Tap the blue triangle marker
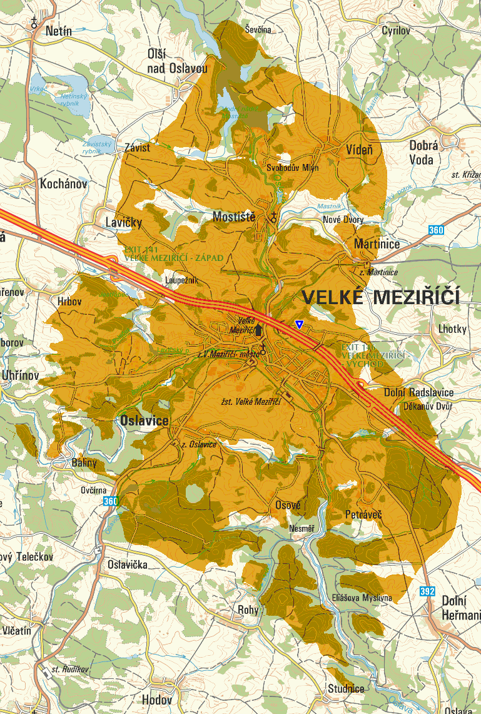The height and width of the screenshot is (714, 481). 300,324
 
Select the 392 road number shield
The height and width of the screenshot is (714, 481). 428,590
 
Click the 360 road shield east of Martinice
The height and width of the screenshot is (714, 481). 436,231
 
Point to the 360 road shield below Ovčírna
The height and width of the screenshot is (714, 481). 110,501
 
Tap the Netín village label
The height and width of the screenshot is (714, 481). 58,31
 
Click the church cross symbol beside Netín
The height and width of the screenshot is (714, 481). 34,23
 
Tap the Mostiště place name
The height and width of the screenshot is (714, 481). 234,217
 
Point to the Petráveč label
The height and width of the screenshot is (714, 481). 363,514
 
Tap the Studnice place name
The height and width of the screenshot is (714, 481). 346,689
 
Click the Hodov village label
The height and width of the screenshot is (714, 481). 156,700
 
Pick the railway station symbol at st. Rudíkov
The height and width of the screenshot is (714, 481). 44,671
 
